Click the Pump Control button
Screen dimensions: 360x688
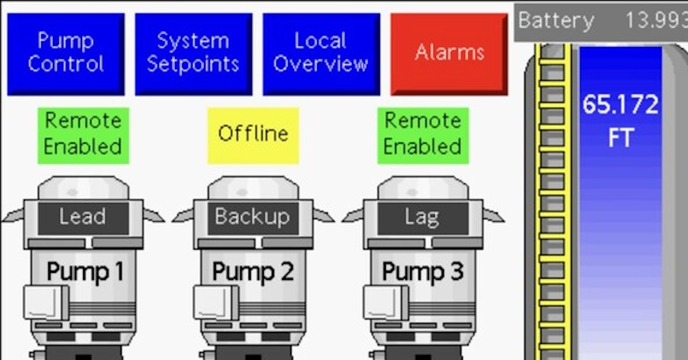tap(65, 53)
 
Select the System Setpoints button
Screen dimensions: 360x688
tap(193, 53)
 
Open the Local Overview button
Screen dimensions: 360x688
tap(321, 53)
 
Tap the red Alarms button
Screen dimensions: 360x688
tap(449, 53)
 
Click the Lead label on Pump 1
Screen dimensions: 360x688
tap(83, 217)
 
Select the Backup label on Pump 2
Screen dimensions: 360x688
tap(252, 217)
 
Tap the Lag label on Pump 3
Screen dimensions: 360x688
tap(423, 217)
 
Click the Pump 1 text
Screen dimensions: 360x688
tap(84, 271)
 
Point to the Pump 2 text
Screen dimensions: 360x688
tap(253, 271)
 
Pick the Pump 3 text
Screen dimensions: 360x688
tap(423, 271)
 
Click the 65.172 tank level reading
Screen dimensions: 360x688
tap(620, 105)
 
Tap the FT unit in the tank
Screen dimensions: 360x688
tap(620, 139)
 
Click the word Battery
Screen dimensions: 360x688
tap(556, 21)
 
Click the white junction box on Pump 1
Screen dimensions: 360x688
tap(45, 302)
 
